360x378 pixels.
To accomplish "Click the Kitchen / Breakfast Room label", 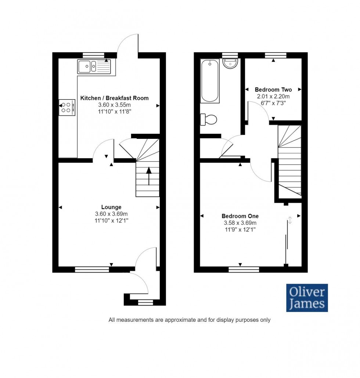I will pos(114,98).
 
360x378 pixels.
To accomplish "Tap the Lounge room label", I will pos(111,207).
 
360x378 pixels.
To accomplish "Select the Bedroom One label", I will pos(240,216).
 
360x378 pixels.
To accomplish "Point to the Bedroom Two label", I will pos(273,90).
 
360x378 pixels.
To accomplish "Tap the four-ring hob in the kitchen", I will pos(68,107).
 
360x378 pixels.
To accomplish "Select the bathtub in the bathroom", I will pos(210,80).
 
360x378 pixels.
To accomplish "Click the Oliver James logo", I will pos(307,298).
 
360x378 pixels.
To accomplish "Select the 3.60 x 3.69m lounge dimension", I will pos(111,214).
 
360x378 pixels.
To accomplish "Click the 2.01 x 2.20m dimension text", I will pos(273,97).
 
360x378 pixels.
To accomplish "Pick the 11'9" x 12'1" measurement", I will pos(240,229).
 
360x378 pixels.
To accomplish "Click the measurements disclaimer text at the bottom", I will pos(189,320).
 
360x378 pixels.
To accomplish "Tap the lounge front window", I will pos(92,269).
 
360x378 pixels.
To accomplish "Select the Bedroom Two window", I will pos(276,55).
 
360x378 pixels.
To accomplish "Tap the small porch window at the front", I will pos(145,303).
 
